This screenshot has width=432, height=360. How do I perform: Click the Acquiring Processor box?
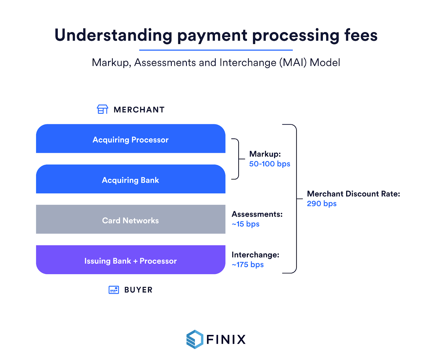click(x=131, y=139)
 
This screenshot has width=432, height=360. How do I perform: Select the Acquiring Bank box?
click(x=131, y=179)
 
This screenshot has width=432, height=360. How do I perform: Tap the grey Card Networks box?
click(x=131, y=219)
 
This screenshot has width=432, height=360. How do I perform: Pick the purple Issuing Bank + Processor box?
click(x=131, y=260)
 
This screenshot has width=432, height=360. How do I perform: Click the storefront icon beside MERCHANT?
click(x=103, y=109)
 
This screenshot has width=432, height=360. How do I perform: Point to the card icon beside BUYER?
click(x=114, y=290)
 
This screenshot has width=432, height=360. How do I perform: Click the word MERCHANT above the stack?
click(x=139, y=110)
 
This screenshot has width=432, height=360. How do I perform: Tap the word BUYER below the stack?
click(x=139, y=290)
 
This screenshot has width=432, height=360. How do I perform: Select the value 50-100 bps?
click(x=269, y=164)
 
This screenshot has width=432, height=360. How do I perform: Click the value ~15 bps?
click(x=245, y=224)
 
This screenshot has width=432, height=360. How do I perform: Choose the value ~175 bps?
click(x=248, y=264)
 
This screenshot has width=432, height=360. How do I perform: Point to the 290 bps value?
click(x=322, y=203)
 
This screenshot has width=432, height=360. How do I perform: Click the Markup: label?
click(x=265, y=154)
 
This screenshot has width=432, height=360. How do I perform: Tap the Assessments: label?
click(x=257, y=214)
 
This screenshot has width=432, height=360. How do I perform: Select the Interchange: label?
click(x=255, y=255)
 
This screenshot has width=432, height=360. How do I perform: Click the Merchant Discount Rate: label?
click(x=353, y=194)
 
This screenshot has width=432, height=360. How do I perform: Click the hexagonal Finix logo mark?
click(x=195, y=339)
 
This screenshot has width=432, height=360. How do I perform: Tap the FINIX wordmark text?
click(x=226, y=339)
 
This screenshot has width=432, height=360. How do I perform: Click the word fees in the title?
click(x=361, y=35)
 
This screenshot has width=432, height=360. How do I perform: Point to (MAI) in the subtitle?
click(x=293, y=63)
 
